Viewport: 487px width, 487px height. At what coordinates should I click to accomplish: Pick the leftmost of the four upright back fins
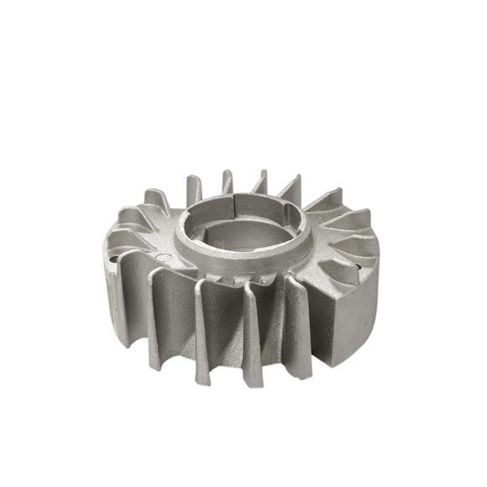click(193, 189)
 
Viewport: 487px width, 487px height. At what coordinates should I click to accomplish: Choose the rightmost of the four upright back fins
click(289, 186)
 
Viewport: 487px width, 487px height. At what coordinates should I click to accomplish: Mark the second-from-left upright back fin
click(227, 181)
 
